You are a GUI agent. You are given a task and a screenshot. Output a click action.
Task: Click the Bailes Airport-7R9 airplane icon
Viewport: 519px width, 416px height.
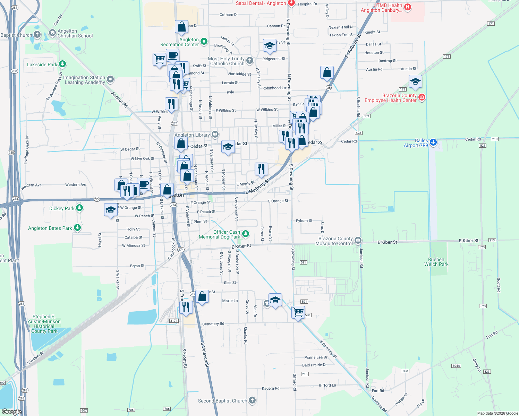pos(433,142)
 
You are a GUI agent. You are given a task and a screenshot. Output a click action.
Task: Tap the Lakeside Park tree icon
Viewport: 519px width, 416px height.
pos(62,64)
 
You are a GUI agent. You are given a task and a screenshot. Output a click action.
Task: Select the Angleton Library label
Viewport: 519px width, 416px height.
pos(192,135)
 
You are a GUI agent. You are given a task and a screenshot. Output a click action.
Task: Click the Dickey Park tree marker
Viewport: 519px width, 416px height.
pos(79,208)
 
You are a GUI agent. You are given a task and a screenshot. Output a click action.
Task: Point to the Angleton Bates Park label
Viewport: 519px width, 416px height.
pos(50,228)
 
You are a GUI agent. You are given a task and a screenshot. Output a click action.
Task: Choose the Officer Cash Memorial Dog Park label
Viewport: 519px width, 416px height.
pos(220,234)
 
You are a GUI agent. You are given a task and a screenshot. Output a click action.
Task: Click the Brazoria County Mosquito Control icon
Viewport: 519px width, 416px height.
pos(358,240)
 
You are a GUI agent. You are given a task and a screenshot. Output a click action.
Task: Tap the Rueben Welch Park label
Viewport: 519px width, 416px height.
pos(436,262)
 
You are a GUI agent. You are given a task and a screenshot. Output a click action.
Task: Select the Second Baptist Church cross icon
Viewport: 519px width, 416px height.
pos(252,400)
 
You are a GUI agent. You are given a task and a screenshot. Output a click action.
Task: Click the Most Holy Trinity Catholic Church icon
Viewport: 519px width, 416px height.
pos(249,61)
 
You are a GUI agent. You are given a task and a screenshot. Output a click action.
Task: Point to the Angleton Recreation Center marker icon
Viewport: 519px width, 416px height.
pos(204,42)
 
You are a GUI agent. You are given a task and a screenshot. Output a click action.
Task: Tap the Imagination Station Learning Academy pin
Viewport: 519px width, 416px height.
pos(110,79)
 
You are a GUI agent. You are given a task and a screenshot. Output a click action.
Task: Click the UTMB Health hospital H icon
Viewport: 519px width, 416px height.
pos(408,7)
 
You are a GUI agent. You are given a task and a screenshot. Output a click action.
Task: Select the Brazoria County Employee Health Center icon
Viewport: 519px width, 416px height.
pos(422,97)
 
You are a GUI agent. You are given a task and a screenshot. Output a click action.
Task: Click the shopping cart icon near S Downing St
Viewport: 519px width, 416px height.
pos(298,312)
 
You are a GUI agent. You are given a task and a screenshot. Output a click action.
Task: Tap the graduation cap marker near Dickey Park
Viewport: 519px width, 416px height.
pos(111,210)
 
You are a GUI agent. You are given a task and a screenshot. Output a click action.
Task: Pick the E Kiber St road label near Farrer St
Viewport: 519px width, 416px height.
pos(241,246)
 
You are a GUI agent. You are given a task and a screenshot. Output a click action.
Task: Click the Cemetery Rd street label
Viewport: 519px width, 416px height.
pos(213,324)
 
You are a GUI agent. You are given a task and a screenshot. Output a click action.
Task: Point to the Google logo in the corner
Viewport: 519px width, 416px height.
pos(11,411)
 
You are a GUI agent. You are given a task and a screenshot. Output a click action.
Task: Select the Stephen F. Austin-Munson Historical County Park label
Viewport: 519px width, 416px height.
pos(44,324)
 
